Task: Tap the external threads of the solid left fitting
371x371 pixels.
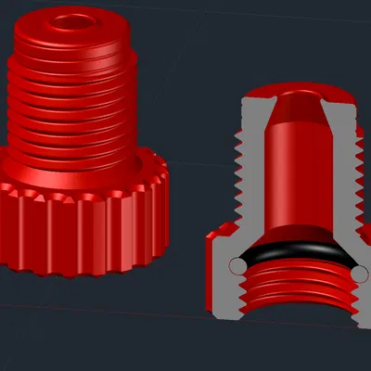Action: [74, 111]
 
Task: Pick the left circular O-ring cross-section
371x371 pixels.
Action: [239, 267]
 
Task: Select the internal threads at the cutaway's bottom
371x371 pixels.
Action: [297, 292]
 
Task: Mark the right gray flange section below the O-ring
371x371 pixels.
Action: [363, 297]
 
